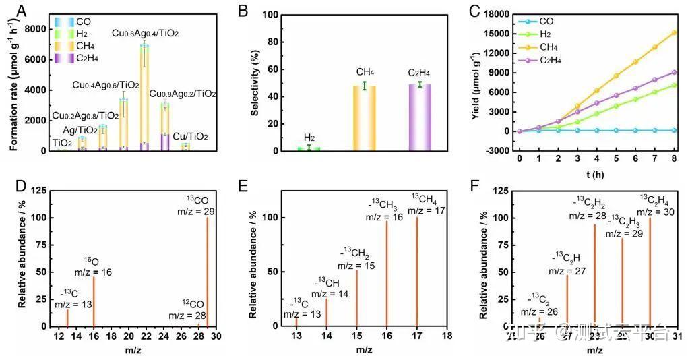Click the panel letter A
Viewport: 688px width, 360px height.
(x=22, y=11)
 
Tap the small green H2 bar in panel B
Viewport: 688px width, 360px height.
(x=309, y=148)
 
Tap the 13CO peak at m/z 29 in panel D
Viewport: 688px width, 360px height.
(x=207, y=270)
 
